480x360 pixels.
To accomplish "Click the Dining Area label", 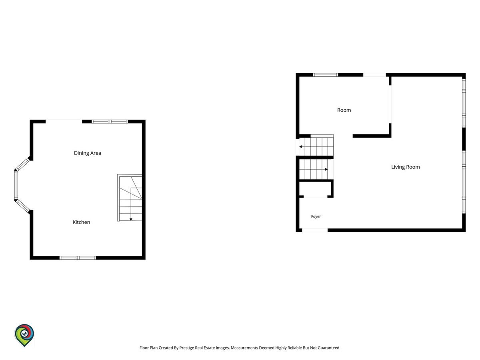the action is [88, 153].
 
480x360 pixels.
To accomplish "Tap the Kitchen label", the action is [81, 222].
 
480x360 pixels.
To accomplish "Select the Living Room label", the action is [406, 167].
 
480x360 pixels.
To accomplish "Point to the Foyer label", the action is [316, 217].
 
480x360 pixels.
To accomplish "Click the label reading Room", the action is [344, 110].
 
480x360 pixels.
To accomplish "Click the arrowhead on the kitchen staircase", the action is [131, 219].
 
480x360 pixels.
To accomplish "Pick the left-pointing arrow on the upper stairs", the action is [301, 147].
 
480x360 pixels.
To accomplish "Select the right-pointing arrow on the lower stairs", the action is [326, 169].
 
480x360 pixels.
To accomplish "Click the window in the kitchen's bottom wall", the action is [78, 258].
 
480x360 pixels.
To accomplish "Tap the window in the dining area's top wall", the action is [110, 122].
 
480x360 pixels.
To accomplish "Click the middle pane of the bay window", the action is [16, 185].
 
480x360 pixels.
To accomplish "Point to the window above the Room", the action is [325, 75].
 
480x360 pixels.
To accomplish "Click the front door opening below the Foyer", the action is [315, 230].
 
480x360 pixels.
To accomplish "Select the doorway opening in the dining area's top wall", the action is [64, 121].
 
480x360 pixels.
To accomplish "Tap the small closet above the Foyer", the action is [315, 189].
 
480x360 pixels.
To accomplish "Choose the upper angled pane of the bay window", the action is [22, 164].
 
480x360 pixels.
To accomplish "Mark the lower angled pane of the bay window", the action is [22, 206].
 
